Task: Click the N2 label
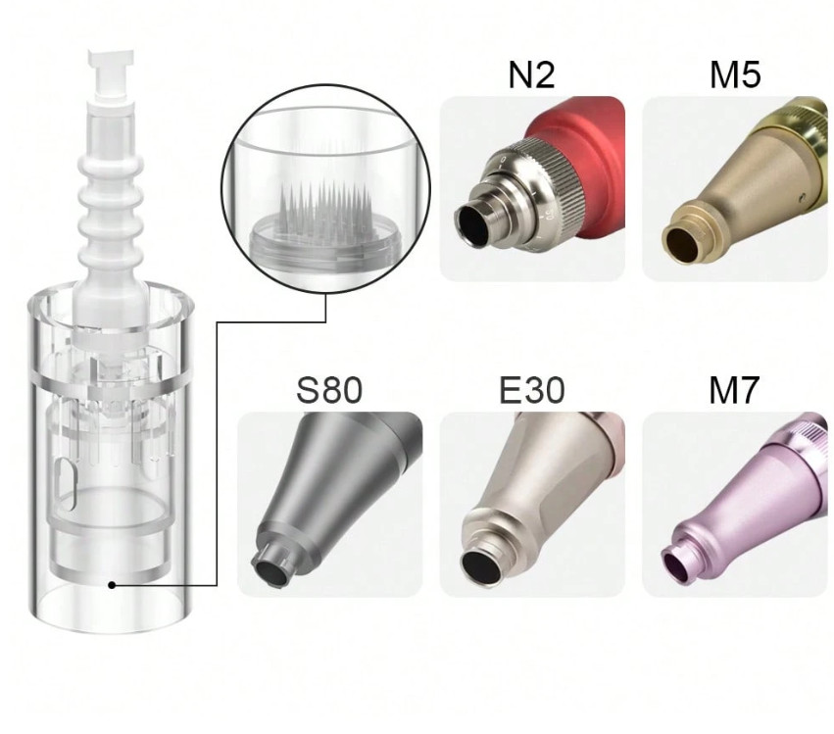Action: pos(531,75)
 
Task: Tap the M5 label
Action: pos(735,75)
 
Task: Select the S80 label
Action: pos(329,390)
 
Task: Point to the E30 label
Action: pos(532,390)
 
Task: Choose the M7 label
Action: pos(733,390)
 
